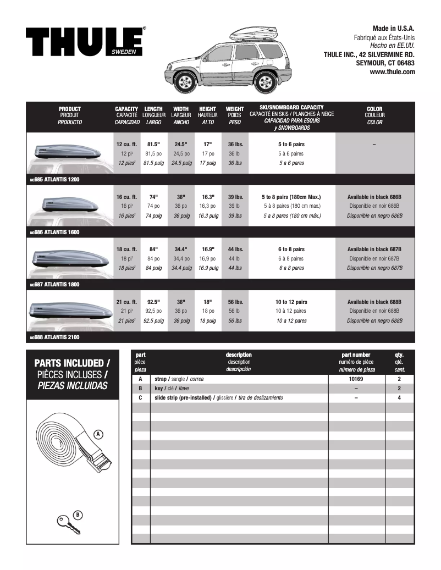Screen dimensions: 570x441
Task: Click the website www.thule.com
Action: [x=392, y=71]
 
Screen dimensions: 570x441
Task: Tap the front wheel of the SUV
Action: [x=186, y=83]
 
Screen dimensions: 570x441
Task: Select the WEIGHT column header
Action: [x=235, y=109]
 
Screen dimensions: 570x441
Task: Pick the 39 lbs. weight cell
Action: [x=235, y=197]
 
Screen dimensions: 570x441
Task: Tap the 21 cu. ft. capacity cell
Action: [x=126, y=302]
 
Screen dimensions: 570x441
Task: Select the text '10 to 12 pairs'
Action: [x=291, y=302]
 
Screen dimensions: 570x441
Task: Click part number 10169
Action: [x=356, y=379]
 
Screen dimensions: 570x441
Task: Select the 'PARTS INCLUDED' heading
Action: [x=71, y=363]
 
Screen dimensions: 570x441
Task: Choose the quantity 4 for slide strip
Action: [x=399, y=397]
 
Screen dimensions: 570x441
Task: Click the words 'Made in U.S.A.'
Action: [x=393, y=28]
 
